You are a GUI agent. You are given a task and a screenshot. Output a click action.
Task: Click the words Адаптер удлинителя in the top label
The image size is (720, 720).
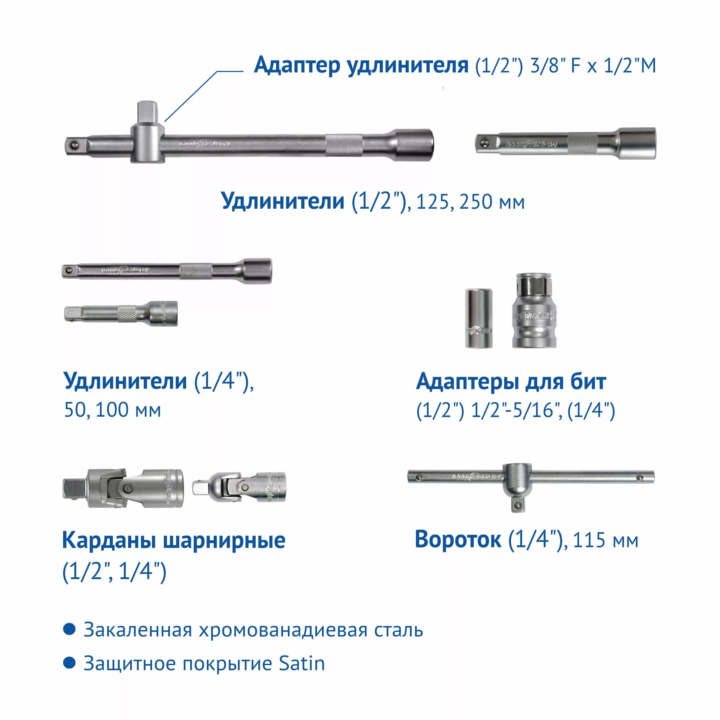coord(361,66)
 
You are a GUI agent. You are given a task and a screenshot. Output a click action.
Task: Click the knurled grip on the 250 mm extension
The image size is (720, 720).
coord(344,145)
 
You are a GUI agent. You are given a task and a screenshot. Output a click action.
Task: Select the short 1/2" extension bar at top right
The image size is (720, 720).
coord(565,144)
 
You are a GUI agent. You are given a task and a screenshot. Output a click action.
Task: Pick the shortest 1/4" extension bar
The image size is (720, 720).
coord(121,313)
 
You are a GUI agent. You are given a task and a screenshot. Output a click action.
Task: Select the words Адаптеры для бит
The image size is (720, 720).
coord(511,382)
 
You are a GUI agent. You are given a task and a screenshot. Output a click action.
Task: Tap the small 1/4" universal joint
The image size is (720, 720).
coord(239,488)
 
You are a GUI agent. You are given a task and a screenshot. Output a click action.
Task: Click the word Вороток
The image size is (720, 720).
coord(458,540)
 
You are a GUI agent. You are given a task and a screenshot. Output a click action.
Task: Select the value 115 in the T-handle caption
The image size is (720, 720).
coord(586,541)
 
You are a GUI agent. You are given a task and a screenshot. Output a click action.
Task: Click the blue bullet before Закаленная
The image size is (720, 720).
coord(70,629)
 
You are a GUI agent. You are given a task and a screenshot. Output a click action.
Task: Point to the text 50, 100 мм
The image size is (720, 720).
coord(113,410)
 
